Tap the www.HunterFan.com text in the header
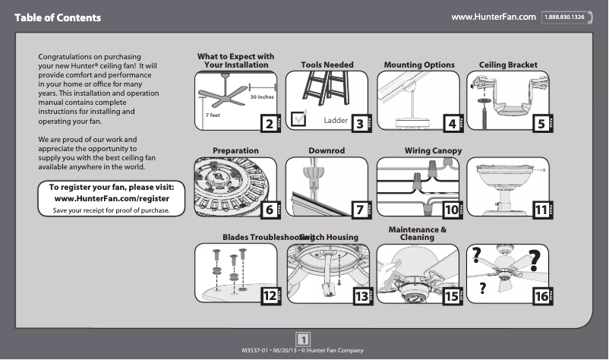pyautogui.click(x=494, y=17)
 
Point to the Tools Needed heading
pyautogui.click(x=327, y=65)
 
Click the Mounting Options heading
pyautogui.click(x=419, y=65)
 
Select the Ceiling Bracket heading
pyautogui.click(x=508, y=65)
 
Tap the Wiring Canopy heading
pyautogui.click(x=433, y=151)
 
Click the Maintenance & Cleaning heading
pyautogui.click(x=417, y=233)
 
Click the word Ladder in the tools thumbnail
pyautogui.click(x=335, y=121)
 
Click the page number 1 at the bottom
pyautogui.click(x=302, y=339)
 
